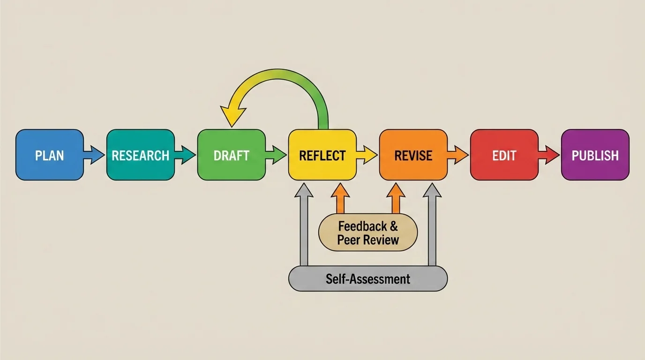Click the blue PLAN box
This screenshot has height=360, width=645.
[x=50, y=155]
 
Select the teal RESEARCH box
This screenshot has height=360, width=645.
[x=141, y=155]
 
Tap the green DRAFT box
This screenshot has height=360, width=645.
[x=232, y=155]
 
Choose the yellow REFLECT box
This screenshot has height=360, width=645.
[x=322, y=155]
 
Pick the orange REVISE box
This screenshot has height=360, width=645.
[x=413, y=155]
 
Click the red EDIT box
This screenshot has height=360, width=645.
[x=504, y=155]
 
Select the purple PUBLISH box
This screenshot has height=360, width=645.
[x=595, y=155]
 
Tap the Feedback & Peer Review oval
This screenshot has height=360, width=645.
[x=368, y=233]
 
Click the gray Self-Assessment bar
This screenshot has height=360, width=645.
[x=368, y=279]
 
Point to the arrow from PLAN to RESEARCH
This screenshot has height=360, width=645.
[x=95, y=155]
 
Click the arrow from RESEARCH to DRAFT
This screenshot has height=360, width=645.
[x=186, y=155]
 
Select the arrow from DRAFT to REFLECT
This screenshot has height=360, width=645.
[x=277, y=155]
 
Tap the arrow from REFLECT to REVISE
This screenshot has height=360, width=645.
[x=368, y=155]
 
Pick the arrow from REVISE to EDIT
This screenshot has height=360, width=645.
[x=459, y=155]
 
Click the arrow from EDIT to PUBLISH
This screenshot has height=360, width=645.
[x=550, y=155]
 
